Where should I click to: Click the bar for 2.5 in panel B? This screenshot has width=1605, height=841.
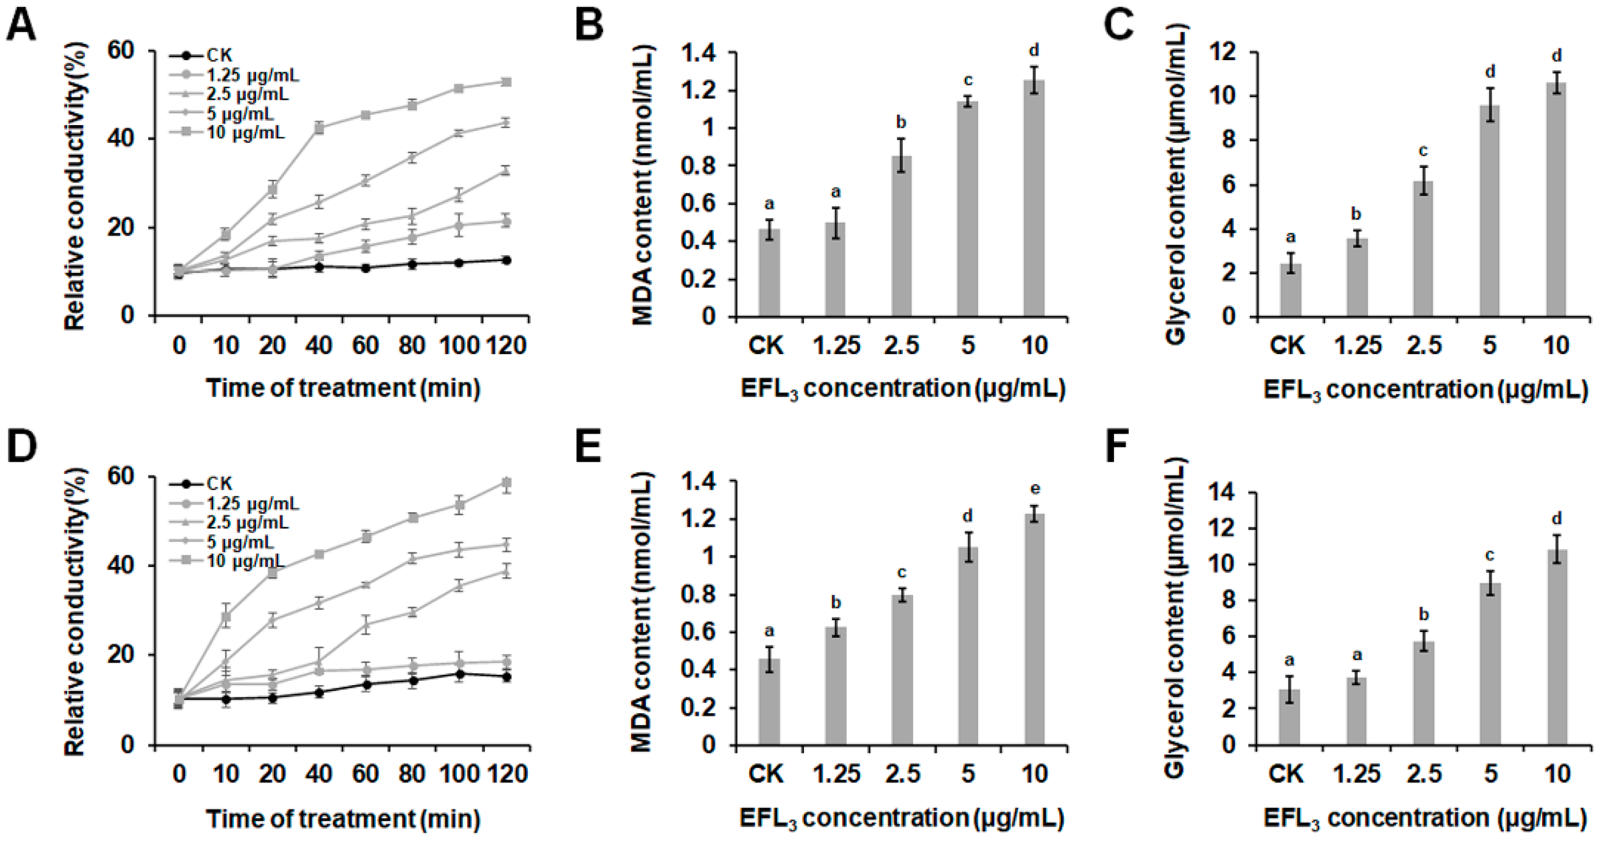point(902,237)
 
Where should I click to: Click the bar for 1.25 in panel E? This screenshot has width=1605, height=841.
point(836,686)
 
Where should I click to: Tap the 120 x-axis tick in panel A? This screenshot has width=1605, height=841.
point(507,345)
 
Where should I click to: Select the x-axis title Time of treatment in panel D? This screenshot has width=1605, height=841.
point(343,818)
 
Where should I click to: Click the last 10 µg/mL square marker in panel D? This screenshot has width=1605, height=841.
point(507,483)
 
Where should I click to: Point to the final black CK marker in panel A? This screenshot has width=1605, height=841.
point(507,260)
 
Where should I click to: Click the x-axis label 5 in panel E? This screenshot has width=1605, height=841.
point(968,774)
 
